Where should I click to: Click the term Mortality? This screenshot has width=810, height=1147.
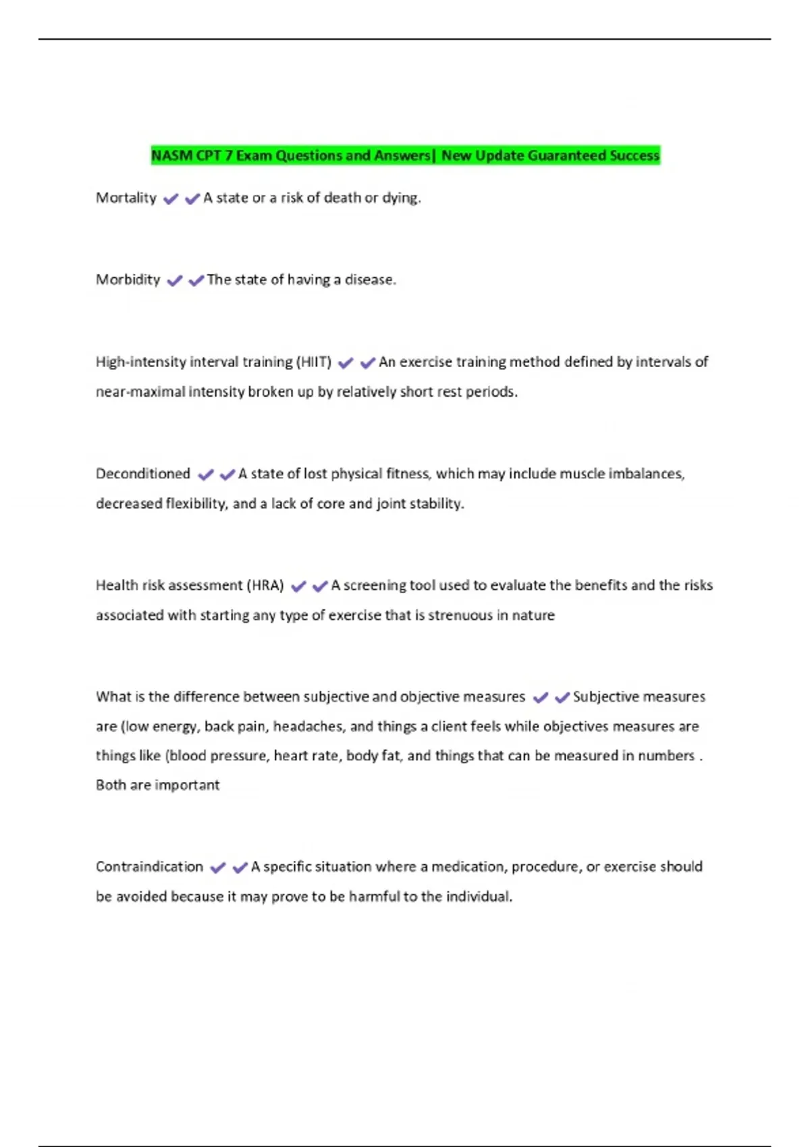coord(126,198)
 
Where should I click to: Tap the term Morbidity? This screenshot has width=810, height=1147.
coord(128,279)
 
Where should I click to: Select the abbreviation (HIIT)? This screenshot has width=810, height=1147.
coord(314,362)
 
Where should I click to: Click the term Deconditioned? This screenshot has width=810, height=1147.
coord(143,474)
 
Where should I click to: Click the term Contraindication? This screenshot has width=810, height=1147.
coord(149,866)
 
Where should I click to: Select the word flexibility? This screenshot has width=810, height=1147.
coord(196,504)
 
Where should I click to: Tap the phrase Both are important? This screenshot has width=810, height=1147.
coord(157,785)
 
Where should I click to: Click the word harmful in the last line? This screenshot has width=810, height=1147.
coord(374,897)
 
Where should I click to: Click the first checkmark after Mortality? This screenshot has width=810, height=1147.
coord(171,199)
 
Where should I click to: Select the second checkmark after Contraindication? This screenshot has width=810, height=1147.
coord(240,868)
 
